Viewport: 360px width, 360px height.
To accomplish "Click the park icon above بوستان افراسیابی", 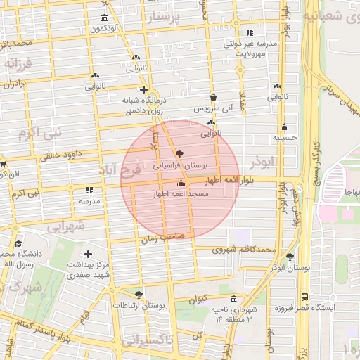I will click(x=180, y=153).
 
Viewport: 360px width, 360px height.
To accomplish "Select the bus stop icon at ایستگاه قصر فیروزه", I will click(x=304, y=297).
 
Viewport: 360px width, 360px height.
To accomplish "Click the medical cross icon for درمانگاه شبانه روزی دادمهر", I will click(x=143, y=89).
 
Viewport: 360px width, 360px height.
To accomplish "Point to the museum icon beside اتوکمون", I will click(x=105, y=18).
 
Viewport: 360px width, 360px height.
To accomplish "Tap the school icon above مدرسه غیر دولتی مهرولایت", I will click(x=250, y=32).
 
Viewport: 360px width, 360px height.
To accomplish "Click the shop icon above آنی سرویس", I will click(x=213, y=98).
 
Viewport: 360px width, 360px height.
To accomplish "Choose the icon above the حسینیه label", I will click(x=284, y=127).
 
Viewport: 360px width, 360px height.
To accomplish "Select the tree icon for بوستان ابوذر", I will click(x=290, y=257).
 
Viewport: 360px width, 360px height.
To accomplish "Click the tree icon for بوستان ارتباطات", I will click(x=138, y=295).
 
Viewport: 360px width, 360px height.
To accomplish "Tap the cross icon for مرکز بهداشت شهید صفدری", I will click(x=88, y=254).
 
